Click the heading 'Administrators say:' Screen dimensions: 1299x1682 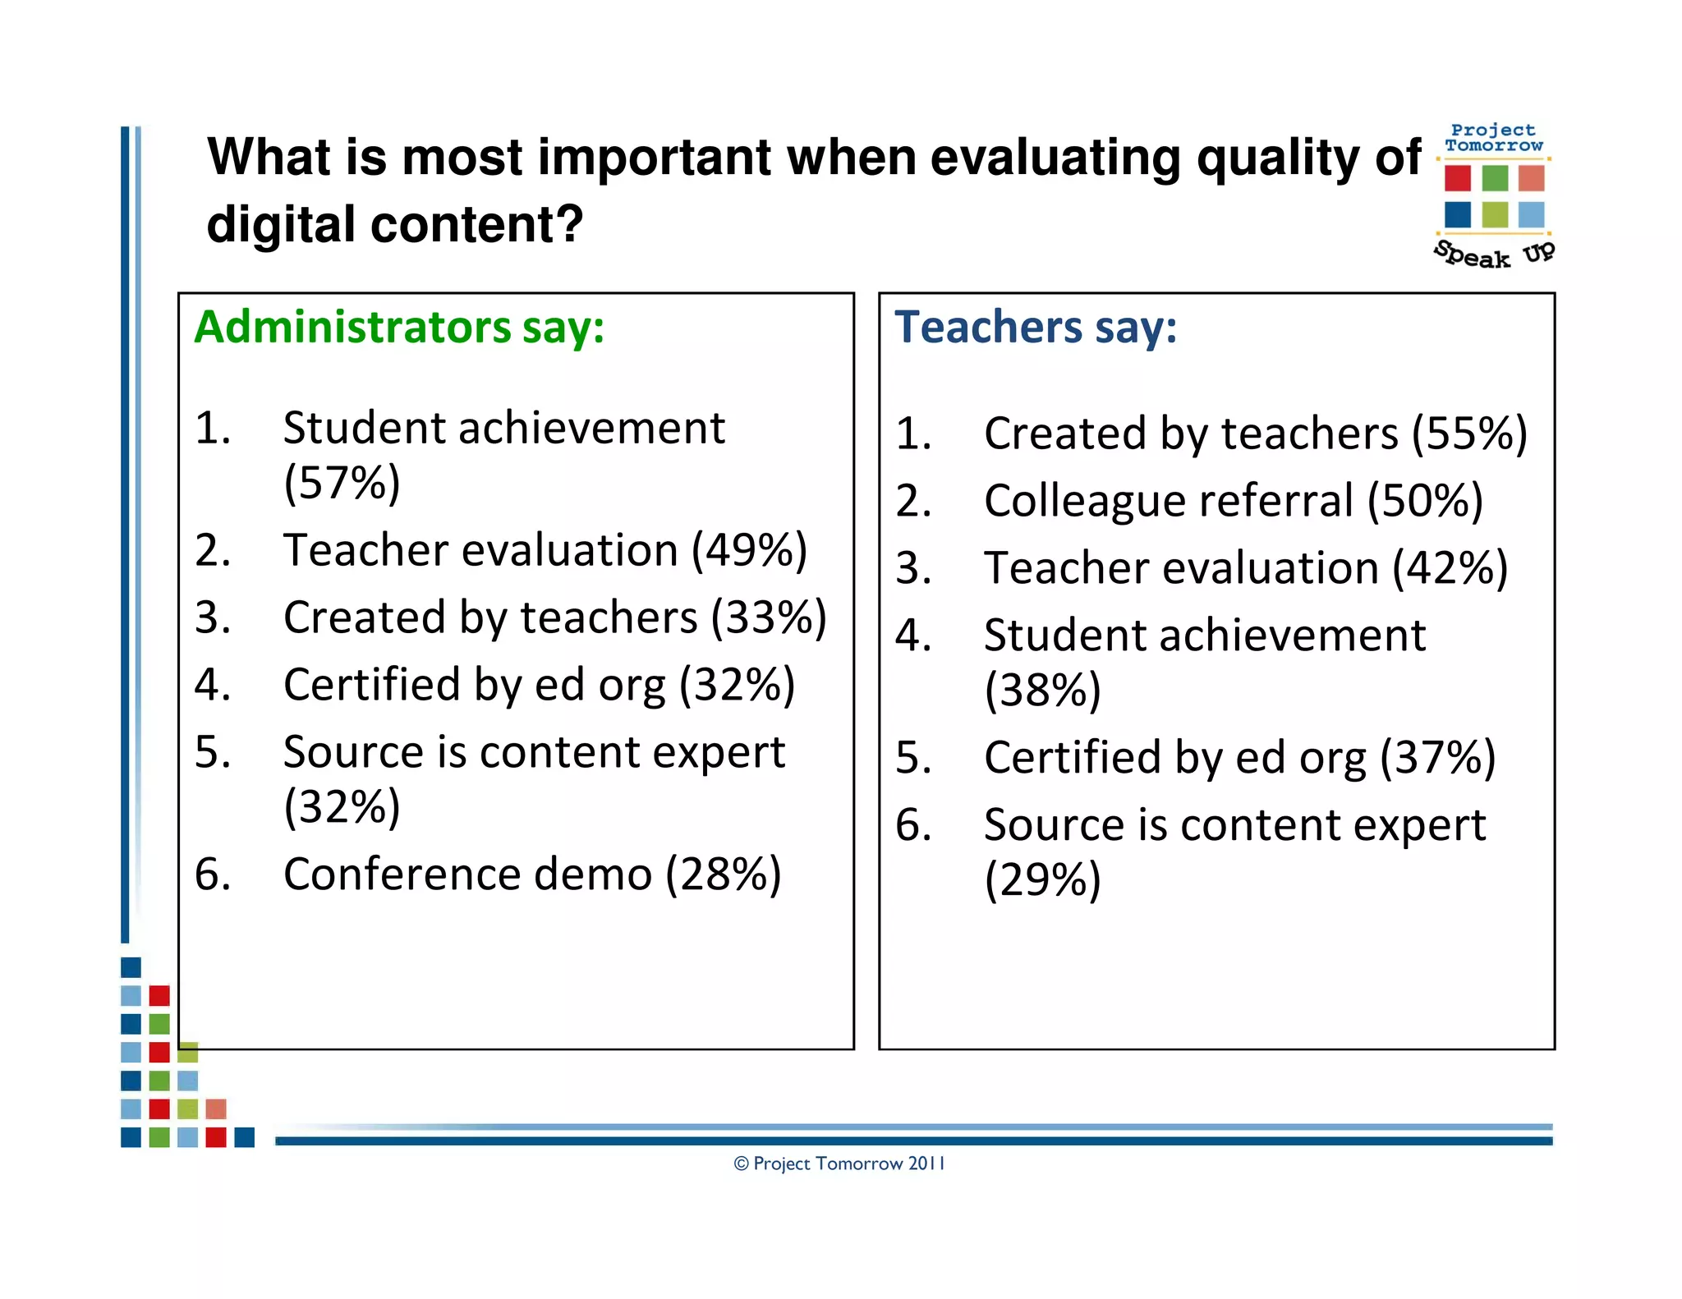[x=399, y=327]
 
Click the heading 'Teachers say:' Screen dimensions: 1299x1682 [x=1035, y=327]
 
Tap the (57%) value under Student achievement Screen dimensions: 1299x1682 [x=342, y=482]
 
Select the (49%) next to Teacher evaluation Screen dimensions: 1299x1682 [x=749, y=549]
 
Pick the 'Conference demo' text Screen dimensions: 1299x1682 [x=467, y=874]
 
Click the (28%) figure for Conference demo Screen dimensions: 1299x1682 [x=723, y=874]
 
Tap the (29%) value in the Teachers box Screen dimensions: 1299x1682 [x=1042, y=879]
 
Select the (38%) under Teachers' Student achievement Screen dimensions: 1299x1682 [x=1042, y=690]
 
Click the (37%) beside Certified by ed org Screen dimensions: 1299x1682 [x=1437, y=757]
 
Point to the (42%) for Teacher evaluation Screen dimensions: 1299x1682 [x=1450, y=567]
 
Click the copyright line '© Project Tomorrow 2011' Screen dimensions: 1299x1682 [x=839, y=1164]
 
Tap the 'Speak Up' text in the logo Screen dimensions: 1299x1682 [x=1494, y=255]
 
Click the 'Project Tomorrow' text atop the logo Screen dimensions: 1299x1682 [x=1493, y=138]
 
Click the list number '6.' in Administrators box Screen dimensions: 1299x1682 [x=212, y=874]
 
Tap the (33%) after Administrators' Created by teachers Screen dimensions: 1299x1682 [x=769, y=617]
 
